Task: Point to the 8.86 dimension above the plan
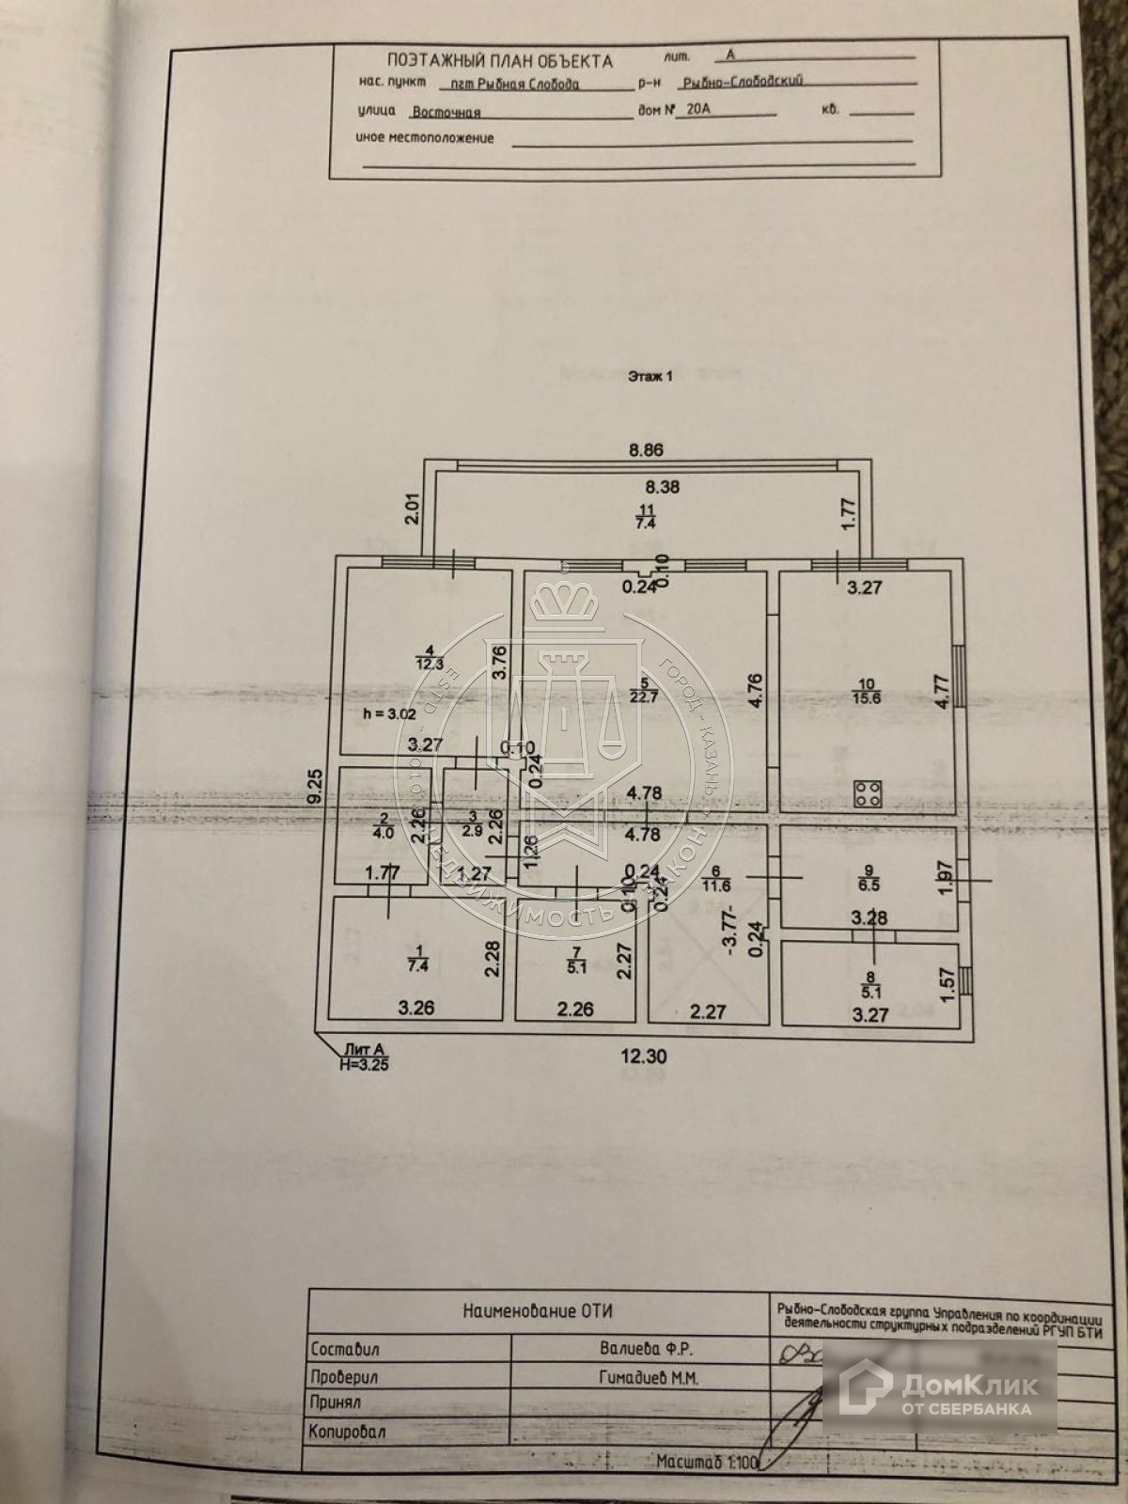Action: [x=646, y=450]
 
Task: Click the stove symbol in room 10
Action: [x=866, y=795]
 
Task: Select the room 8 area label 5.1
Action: [x=871, y=989]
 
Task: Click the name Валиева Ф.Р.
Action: [x=640, y=1350]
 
